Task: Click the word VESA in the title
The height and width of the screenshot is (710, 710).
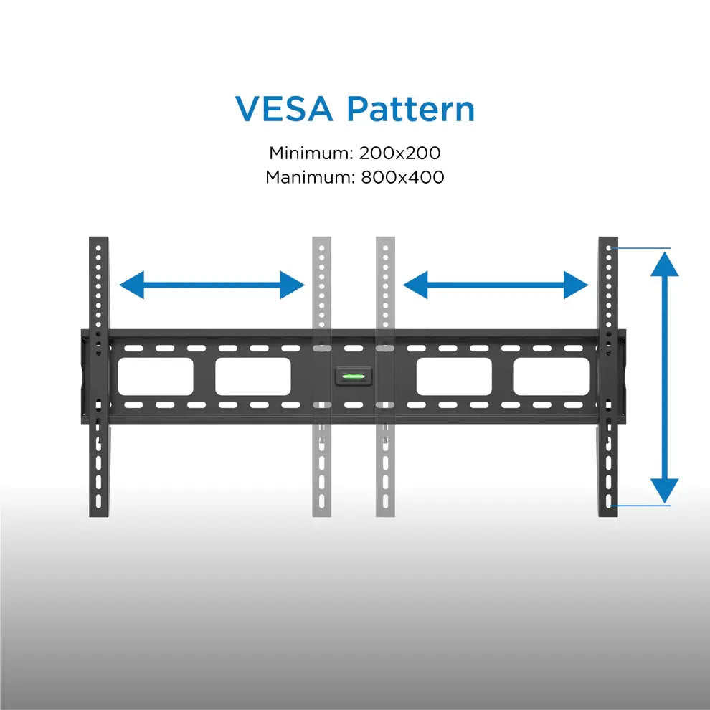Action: click(285, 109)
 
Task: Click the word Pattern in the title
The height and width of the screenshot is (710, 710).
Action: click(410, 109)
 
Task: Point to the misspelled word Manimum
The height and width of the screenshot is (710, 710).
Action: click(306, 176)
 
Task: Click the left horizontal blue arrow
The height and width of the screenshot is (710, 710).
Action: click(212, 285)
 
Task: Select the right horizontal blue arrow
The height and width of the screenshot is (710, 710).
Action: click(496, 285)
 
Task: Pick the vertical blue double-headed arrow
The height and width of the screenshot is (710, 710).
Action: click(666, 378)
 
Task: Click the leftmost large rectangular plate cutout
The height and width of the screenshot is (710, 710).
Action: click(156, 377)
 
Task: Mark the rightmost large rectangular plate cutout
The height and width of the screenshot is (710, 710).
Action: click(551, 377)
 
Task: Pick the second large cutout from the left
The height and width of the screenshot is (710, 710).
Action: click(252, 377)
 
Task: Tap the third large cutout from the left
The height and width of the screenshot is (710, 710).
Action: click(454, 377)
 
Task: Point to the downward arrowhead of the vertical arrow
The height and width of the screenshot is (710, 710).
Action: click(666, 491)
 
